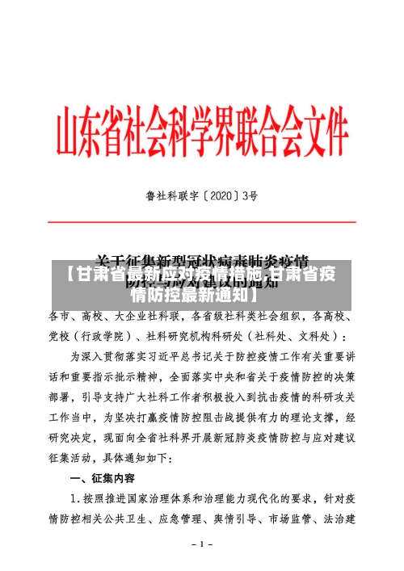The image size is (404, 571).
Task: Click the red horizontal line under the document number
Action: (202, 219)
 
